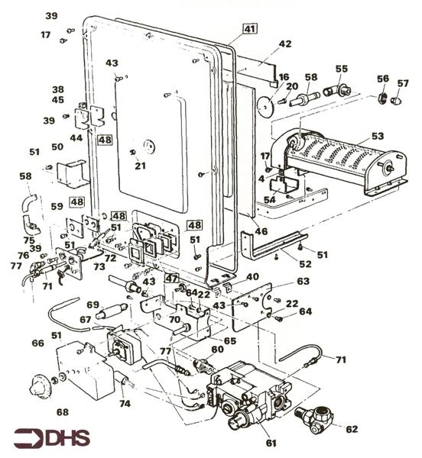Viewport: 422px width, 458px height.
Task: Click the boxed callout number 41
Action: pos(250,29)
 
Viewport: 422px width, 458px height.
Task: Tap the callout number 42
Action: pos(284,44)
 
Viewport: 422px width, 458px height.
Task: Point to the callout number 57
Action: pos(403,82)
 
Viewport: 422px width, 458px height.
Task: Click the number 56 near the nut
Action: pos(382,79)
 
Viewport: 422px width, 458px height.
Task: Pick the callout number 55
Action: pos(341,69)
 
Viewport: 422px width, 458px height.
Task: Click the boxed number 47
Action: pos(172,279)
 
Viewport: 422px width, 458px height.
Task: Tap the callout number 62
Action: pos(351,429)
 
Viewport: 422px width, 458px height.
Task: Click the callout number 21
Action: pos(140,166)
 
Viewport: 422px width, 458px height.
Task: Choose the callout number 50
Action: pos(57,146)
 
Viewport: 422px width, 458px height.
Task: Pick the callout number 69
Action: pos(93,305)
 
